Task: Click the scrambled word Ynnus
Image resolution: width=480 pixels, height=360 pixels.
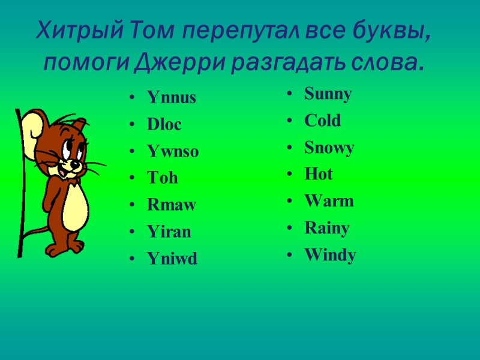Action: [x=172, y=98]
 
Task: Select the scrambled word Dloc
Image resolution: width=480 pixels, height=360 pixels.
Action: [x=164, y=125]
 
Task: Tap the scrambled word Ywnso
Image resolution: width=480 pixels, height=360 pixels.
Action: [x=173, y=152]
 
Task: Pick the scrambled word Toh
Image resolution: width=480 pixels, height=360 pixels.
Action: [x=162, y=178]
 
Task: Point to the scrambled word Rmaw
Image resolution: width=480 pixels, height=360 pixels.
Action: [x=172, y=205]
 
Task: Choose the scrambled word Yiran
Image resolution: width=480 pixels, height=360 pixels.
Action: [x=169, y=232]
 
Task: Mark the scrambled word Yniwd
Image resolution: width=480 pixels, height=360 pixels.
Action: [x=172, y=259]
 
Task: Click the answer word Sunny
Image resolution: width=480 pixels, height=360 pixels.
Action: [x=328, y=94]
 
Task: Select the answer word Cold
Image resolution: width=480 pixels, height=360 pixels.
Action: [x=322, y=121]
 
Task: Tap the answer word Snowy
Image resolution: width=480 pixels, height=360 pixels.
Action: [x=329, y=148]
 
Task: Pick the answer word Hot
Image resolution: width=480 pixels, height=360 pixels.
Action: [x=318, y=175]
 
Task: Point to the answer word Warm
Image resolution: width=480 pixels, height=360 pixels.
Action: [x=329, y=201]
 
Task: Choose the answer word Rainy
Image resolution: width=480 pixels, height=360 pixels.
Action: [x=326, y=228]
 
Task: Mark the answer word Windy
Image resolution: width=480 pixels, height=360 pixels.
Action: [x=330, y=256]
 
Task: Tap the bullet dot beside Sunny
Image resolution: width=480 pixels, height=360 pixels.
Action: [x=290, y=95]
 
